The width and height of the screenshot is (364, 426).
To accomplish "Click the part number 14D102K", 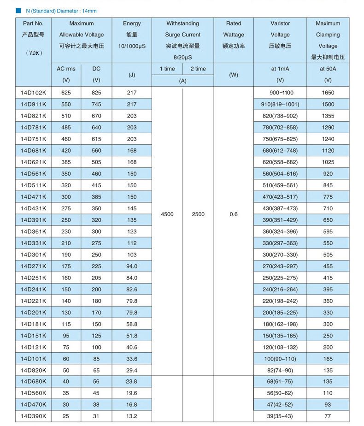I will click(x=33, y=93).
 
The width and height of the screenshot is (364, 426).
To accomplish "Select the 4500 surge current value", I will click(x=167, y=214).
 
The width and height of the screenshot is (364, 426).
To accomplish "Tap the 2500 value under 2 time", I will click(x=198, y=214).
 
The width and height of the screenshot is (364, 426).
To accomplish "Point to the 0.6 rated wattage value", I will click(x=233, y=214).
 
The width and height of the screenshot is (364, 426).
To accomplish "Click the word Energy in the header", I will click(x=132, y=24).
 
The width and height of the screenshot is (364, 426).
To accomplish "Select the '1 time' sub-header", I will click(x=167, y=69).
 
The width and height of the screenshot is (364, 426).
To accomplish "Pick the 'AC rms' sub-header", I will click(x=66, y=69).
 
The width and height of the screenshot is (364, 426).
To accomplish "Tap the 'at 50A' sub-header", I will click(x=328, y=69).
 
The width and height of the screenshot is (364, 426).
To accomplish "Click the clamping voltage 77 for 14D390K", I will click(x=328, y=416).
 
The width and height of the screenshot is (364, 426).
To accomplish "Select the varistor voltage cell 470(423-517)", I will click(x=280, y=197).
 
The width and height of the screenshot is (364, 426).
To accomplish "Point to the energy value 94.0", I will click(x=132, y=266).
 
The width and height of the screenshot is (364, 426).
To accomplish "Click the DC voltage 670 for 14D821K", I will click(x=96, y=116).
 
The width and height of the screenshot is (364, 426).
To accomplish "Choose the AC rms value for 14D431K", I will click(x=66, y=208).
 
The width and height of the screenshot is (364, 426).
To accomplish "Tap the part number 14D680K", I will click(x=33, y=382).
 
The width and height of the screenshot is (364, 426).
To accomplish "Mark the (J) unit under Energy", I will click(x=132, y=75).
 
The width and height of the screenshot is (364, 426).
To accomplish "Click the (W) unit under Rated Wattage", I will click(x=233, y=75).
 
